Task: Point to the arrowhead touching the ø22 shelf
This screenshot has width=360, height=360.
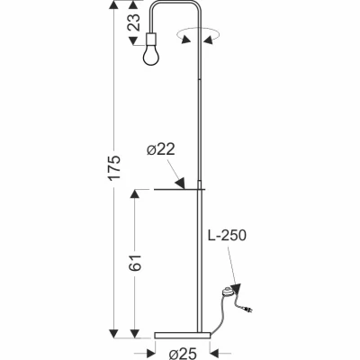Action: pyautogui.click(x=181, y=184)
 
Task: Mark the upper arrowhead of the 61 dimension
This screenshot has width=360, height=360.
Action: pyautogui.click(x=134, y=195)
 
